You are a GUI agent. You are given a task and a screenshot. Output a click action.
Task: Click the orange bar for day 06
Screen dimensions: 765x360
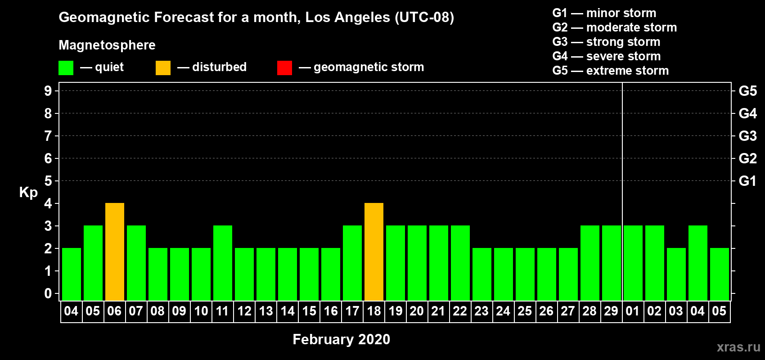click(115, 252)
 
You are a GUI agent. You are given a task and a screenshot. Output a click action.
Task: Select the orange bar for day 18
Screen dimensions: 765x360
click(374, 252)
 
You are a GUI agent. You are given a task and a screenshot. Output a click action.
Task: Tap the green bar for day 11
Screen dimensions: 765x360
click(223, 263)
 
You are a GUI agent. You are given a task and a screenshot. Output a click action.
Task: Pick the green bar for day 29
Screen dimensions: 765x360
click(611, 263)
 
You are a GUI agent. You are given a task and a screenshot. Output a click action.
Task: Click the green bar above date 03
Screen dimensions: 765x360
click(676, 274)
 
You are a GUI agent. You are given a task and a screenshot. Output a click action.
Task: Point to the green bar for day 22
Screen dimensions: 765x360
click(460, 263)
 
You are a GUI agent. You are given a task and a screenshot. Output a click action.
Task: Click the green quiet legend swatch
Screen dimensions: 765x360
click(66, 67)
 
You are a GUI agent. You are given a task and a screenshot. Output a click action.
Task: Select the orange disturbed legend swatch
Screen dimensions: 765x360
click(163, 67)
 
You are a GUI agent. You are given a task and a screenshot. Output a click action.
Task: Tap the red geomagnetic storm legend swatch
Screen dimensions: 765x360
click(284, 67)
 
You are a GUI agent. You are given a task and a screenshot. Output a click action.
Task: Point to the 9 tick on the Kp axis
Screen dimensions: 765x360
click(48, 91)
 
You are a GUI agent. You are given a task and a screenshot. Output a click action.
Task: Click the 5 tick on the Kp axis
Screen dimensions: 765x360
click(48, 181)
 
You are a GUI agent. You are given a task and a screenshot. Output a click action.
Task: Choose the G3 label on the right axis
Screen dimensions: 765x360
click(747, 136)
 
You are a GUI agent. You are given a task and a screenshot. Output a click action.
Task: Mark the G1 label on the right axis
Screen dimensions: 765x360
click(747, 181)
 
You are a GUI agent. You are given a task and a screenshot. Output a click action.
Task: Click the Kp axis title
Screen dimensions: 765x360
click(28, 193)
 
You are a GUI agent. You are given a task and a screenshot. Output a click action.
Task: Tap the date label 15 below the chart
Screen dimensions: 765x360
click(309, 311)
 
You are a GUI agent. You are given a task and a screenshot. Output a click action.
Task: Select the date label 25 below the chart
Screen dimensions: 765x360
click(525, 311)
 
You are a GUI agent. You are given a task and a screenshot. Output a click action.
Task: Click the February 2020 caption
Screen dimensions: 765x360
click(341, 339)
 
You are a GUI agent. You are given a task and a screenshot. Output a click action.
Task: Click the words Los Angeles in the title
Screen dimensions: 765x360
click(348, 18)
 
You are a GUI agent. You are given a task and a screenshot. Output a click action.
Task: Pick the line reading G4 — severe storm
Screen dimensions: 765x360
click(607, 56)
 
